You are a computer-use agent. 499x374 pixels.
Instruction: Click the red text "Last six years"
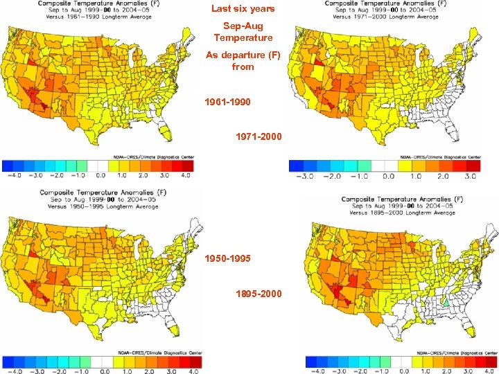pos(243,9)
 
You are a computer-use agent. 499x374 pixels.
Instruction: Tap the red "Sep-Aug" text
pos(243,26)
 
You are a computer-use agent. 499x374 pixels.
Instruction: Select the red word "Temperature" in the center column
pos(243,37)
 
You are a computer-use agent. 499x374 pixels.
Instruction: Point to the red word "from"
pos(243,66)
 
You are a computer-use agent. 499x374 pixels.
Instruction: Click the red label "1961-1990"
pos(228,102)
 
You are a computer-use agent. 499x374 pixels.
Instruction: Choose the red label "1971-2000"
pos(259,136)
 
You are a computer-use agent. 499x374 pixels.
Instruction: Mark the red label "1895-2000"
pos(259,294)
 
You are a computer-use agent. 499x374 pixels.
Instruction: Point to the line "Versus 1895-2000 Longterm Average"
pos(398,213)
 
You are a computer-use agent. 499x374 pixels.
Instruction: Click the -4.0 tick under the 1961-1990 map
pos(11,176)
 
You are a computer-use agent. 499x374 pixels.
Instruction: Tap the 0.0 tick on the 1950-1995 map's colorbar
pos(106,372)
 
